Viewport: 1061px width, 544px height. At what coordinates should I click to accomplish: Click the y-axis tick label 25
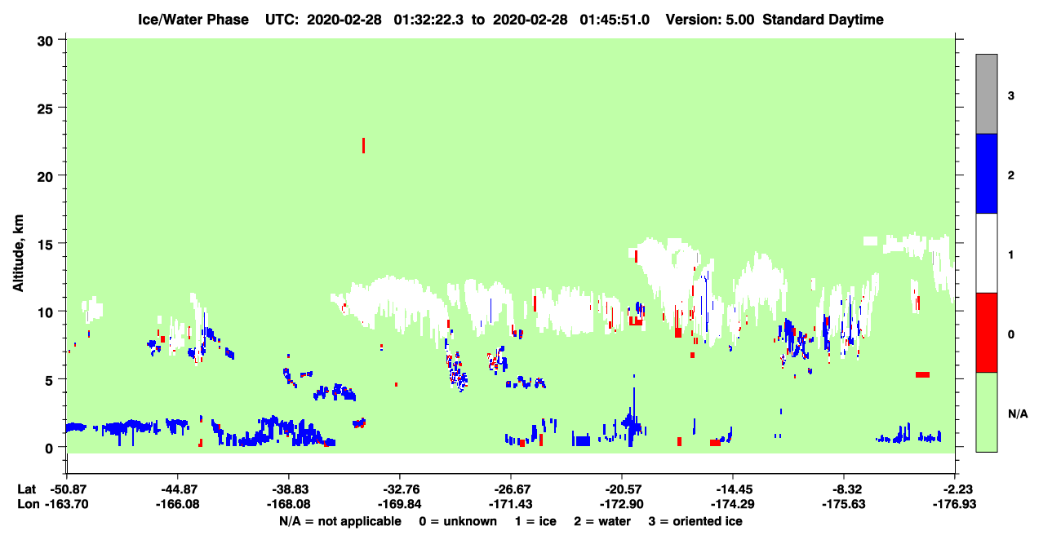click(x=45, y=109)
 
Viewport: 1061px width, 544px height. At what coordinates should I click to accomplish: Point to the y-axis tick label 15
click(x=45, y=245)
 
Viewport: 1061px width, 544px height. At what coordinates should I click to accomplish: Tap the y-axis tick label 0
click(x=49, y=449)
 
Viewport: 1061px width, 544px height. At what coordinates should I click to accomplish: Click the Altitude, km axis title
click(x=18, y=254)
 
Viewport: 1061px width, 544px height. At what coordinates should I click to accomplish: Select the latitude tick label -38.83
click(x=288, y=489)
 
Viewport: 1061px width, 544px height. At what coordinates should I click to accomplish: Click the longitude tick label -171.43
click(x=511, y=504)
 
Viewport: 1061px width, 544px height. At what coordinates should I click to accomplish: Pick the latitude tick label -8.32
click(x=844, y=489)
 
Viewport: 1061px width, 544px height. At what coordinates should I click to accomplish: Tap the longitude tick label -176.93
click(x=954, y=504)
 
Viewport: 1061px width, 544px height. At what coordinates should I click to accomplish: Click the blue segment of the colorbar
click(x=987, y=173)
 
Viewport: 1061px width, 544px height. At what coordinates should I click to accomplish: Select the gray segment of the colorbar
click(x=987, y=94)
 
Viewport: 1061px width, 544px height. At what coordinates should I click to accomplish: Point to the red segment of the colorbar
click(x=987, y=333)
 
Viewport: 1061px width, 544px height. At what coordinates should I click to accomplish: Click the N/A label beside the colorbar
click(x=1018, y=414)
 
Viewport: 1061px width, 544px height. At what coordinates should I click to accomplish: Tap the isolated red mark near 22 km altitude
click(x=363, y=145)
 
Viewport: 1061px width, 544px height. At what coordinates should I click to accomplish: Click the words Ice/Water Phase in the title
click(x=193, y=20)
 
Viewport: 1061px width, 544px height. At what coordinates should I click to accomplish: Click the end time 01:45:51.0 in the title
click(x=615, y=20)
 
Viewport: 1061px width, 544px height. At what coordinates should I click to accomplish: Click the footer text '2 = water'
click(x=602, y=521)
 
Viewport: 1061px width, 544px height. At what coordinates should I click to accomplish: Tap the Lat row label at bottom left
click(x=26, y=489)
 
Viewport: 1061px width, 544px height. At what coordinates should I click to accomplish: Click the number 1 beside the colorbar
click(x=1010, y=255)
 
